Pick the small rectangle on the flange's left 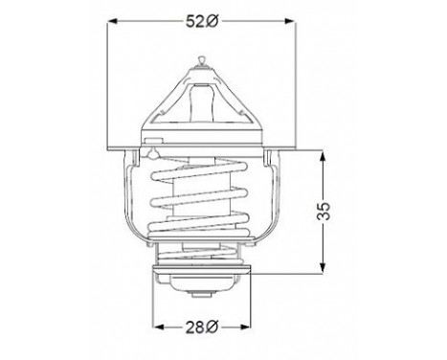pos(151,142)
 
